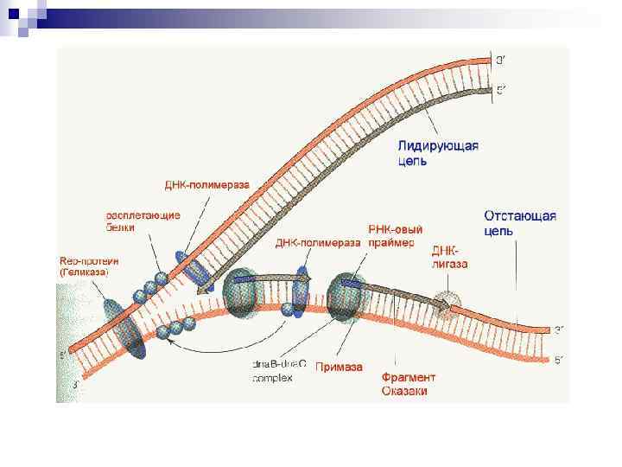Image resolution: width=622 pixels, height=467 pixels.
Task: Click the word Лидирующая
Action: tap(438, 145)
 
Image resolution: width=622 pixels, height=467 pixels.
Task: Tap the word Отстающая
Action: tap(519, 216)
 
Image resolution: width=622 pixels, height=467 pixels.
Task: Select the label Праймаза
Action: tap(338, 366)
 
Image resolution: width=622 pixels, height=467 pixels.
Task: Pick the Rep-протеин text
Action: tap(88, 259)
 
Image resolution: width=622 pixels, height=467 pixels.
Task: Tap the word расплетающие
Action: tap(143, 215)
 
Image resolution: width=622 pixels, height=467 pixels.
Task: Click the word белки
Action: tap(122, 227)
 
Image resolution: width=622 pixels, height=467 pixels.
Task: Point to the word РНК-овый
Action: tap(395, 230)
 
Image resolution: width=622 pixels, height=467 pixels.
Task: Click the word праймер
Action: tap(390, 243)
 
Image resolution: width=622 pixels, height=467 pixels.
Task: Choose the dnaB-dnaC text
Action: tap(279, 365)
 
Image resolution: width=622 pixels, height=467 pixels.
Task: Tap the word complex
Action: tap(272, 378)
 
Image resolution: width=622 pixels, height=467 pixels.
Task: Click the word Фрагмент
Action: tap(409, 378)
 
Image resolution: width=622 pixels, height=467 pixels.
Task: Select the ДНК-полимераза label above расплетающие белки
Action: tap(206, 185)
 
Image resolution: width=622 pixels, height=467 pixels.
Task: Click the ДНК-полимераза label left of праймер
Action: tap(317, 243)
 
